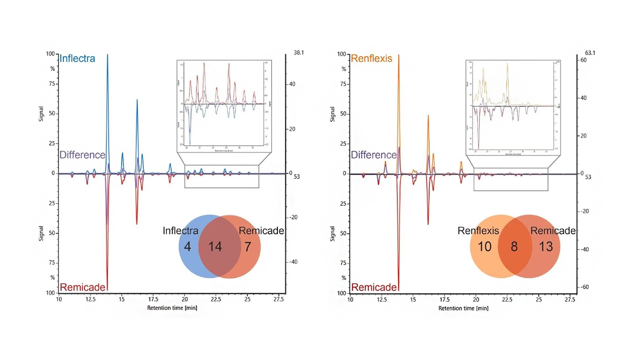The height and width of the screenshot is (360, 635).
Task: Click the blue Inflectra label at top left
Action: (x=77, y=58)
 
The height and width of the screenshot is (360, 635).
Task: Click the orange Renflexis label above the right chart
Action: (x=371, y=58)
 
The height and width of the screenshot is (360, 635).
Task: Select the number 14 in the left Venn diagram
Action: (x=215, y=247)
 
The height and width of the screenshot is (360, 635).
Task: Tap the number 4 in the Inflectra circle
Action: (x=187, y=247)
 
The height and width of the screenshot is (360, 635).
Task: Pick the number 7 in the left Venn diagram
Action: (x=248, y=247)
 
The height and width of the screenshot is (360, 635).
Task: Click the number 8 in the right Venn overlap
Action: (x=514, y=247)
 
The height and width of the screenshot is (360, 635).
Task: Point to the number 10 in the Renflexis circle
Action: (x=485, y=247)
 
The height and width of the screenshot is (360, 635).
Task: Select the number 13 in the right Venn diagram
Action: (x=546, y=247)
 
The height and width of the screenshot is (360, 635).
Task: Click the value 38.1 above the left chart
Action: (x=298, y=52)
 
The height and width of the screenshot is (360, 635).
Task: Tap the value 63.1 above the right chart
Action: (x=590, y=53)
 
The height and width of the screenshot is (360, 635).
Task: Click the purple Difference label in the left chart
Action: (x=82, y=155)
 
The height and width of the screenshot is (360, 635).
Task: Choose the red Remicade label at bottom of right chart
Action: (x=374, y=287)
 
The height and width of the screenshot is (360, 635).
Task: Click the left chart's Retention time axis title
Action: (x=172, y=308)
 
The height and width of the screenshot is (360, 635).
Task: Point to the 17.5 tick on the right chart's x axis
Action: (x=444, y=299)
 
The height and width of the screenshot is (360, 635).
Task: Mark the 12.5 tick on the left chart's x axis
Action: (x=90, y=299)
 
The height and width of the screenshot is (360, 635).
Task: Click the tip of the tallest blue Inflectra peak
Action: (x=107, y=55)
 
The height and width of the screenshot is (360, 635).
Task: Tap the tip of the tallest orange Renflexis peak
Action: (x=399, y=56)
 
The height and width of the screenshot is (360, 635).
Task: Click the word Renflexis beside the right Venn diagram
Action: (x=478, y=231)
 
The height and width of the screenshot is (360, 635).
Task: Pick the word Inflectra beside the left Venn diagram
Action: (x=180, y=231)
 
